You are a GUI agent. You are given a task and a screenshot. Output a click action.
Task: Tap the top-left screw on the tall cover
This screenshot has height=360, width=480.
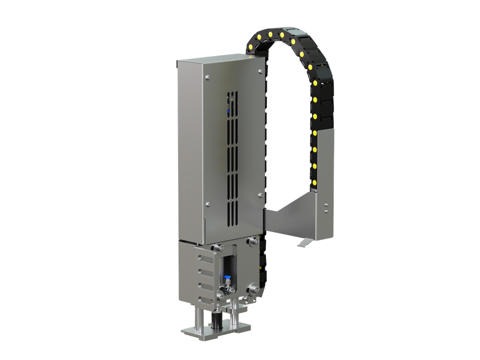[207, 78]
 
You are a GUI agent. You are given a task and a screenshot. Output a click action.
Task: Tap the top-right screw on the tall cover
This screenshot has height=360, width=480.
[260, 71]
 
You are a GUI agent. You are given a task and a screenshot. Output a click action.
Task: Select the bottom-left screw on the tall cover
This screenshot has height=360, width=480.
[208, 205]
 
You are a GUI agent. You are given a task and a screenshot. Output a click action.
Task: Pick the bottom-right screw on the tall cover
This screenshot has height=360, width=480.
[260, 195]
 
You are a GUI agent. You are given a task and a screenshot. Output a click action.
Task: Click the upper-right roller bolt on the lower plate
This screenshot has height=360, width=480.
[252, 241]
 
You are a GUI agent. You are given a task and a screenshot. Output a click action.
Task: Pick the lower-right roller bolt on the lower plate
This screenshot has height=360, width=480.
[252, 289]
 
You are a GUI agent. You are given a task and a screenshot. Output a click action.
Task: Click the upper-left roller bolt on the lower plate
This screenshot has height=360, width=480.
[218, 248]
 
